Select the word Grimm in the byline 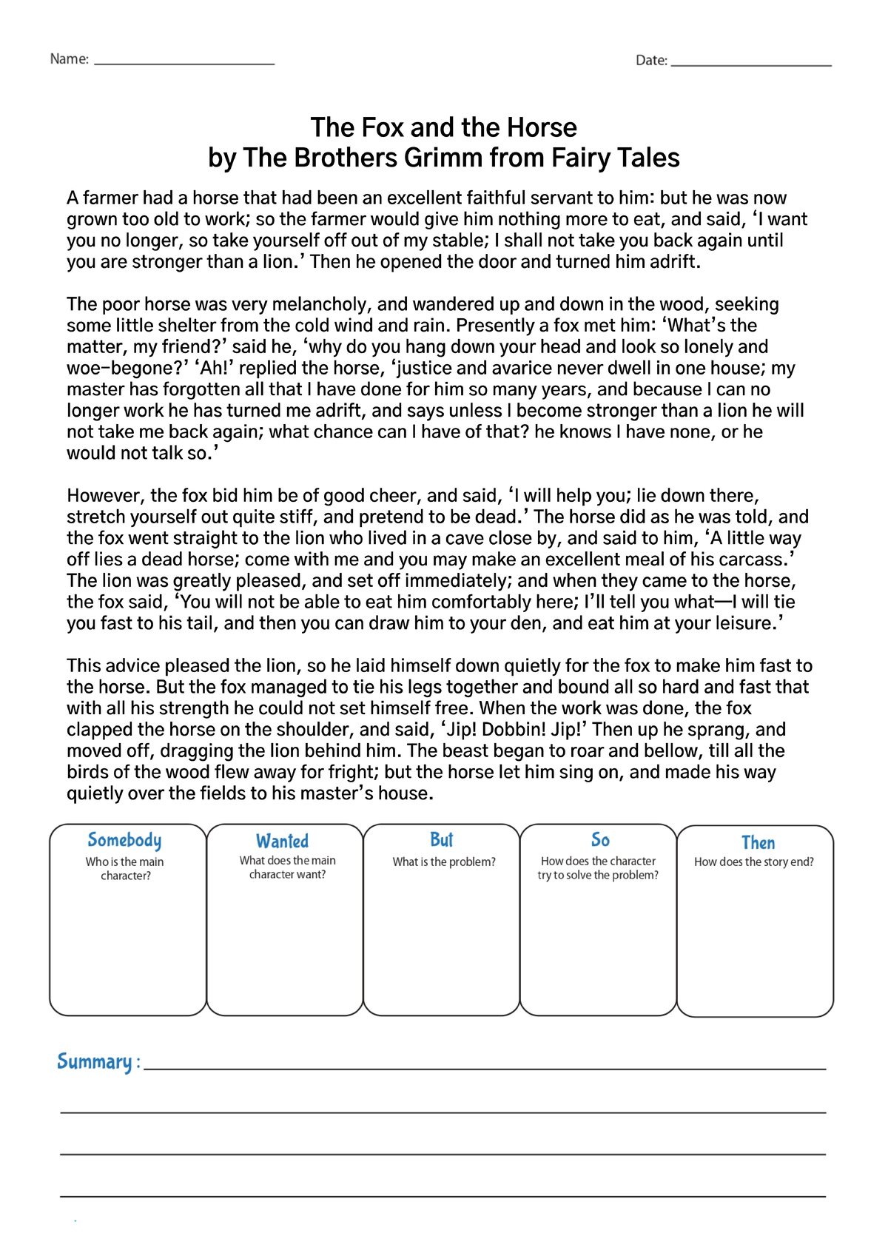[x=443, y=158]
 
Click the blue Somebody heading [x=124, y=840]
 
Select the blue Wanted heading [x=282, y=842]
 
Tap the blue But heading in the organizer [x=442, y=840]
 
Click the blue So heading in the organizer [x=600, y=840]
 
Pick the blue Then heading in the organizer [x=758, y=843]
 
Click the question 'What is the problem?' [x=444, y=862]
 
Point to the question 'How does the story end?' [x=754, y=862]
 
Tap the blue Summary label [x=95, y=1062]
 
